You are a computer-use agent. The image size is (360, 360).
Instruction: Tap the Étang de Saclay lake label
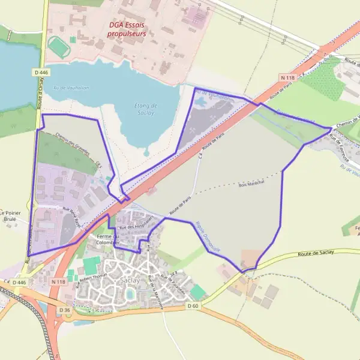click(x=143, y=109)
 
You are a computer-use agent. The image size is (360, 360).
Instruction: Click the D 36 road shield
click(x=65, y=310)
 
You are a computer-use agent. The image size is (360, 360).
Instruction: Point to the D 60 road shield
click(x=192, y=306)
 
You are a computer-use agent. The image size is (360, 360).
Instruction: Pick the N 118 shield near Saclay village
click(x=58, y=281)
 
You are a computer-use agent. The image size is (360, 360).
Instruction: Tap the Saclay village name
click(x=130, y=280)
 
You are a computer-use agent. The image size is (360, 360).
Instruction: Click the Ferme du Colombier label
click(x=109, y=240)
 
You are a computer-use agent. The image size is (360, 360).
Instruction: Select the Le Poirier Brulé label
click(x=10, y=216)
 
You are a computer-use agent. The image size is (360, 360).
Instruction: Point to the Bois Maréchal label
click(x=251, y=184)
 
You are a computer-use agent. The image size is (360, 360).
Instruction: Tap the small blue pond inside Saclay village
click(x=130, y=293)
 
